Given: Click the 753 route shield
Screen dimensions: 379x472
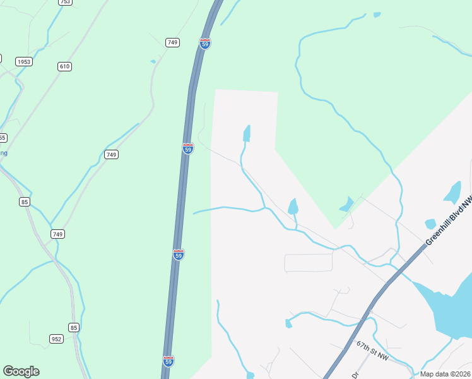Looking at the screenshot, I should [64, 2].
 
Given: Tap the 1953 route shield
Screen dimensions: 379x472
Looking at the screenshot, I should [24, 62].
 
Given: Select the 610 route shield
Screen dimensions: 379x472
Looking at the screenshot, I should [64, 66].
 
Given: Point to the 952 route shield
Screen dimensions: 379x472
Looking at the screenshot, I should [56, 339].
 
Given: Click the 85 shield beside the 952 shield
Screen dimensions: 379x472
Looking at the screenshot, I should [74, 327].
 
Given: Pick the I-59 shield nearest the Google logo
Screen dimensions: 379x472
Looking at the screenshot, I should [168, 361].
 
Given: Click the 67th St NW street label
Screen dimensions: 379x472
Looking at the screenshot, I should [372, 351].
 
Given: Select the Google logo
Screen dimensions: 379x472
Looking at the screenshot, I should [21, 371].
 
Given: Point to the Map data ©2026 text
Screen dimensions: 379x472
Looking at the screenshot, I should [445, 374].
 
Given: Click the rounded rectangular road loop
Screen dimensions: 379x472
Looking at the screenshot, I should [308, 263].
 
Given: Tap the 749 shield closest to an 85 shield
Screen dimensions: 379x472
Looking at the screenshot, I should [57, 234].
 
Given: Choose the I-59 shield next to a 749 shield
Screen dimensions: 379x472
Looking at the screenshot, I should [204, 43].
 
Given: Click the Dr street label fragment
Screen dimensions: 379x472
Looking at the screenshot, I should [355, 375].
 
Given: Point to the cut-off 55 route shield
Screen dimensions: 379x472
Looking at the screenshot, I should [3, 138].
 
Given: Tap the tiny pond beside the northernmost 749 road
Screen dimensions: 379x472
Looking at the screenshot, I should [153, 61].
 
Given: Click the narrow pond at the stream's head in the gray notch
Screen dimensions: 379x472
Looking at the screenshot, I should [247, 133].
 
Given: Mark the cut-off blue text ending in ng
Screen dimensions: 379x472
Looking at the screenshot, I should [4, 153].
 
